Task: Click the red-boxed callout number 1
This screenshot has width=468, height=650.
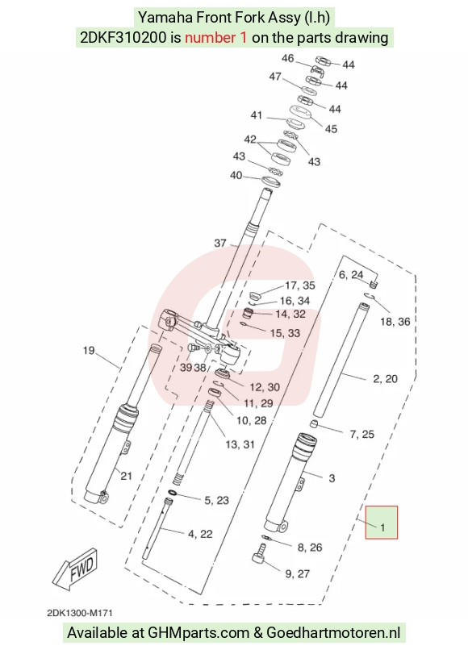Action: point(382,527)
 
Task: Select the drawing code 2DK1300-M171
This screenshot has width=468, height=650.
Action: point(80,613)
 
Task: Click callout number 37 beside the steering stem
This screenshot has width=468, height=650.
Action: point(220,244)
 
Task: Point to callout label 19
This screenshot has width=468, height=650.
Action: point(89,351)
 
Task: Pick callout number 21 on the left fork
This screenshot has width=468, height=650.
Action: point(126,476)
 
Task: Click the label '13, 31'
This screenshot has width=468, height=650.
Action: point(240,445)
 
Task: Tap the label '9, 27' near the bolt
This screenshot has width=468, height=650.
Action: point(298,574)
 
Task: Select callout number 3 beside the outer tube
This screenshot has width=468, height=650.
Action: point(332,478)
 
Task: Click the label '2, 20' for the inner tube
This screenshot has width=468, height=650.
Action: point(386,379)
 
